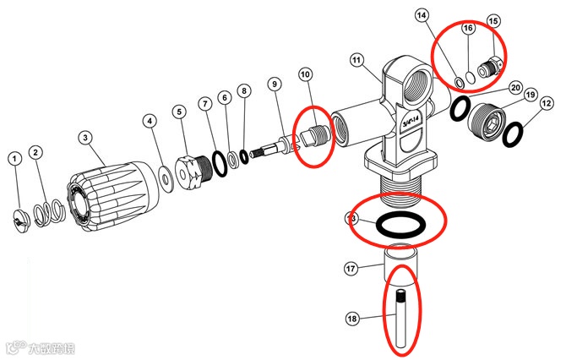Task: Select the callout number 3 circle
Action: pyautogui.click(x=85, y=137)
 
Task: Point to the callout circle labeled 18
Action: pyautogui.click(x=353, y=319)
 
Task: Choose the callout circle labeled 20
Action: pyautogui.click(x=515, y=87)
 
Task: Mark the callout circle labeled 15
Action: pyautogui.click(x=493, y=20)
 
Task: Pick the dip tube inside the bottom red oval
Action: pyautogui.click(x=403, y=321)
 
